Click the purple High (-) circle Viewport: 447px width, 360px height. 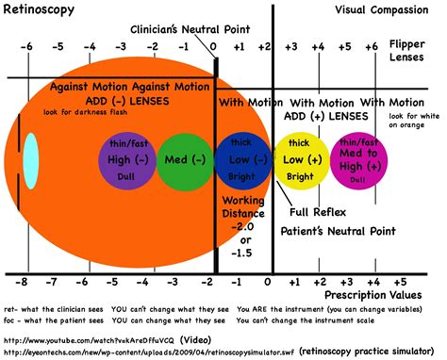126,160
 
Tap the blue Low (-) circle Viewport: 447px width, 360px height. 241,160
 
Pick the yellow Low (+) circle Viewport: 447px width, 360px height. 300,160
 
